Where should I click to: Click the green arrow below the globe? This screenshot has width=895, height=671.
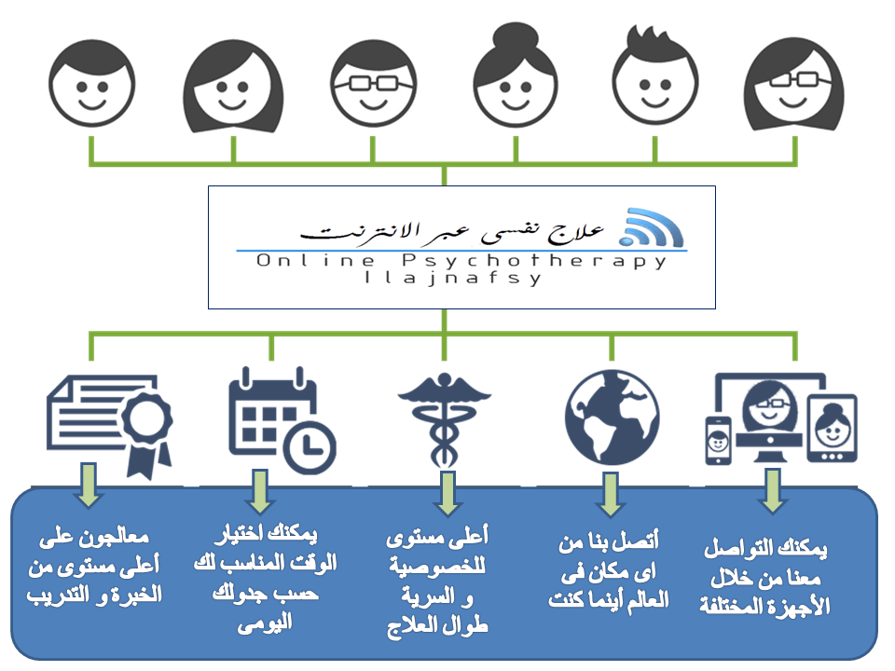(x=611, y=493)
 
